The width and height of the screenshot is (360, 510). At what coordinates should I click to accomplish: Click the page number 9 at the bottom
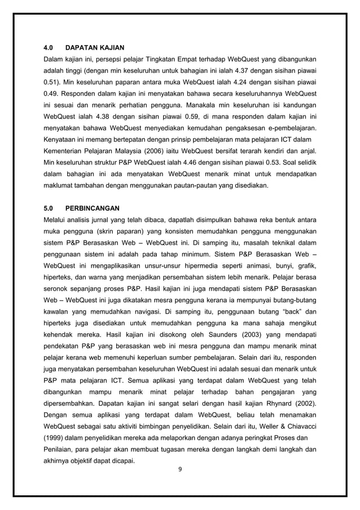pyautogui.click(x=180, y=469)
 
